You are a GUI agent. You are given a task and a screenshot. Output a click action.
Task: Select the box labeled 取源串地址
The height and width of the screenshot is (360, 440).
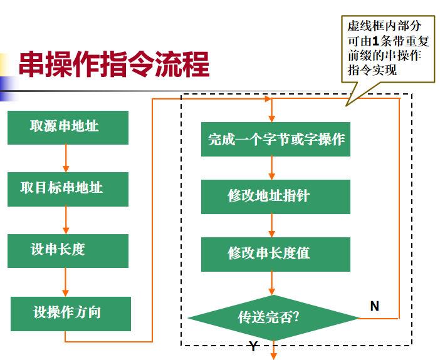[x=68, y=127]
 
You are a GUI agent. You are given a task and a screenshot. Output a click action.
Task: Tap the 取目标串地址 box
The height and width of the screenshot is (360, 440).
[x=68, y=188]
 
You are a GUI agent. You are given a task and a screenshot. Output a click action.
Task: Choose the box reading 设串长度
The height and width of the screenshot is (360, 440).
[x=68, y=250]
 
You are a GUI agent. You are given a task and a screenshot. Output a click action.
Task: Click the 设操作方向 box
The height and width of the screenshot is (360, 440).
[x=71, y=313]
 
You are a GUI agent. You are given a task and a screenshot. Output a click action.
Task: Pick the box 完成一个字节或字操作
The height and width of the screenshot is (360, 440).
[x=276, y=140]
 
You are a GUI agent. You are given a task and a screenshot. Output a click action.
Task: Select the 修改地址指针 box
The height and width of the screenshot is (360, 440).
[x=276, y=197]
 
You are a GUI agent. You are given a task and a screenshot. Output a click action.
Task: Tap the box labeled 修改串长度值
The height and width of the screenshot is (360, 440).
[x=276, y=254]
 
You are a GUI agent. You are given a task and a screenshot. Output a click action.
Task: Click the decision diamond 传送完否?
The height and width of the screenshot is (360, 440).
[x=273, y=317]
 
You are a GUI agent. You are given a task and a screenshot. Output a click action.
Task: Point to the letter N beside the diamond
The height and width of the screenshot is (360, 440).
[x=374, y=306]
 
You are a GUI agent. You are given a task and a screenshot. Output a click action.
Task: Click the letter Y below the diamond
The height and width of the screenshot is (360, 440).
[x=253, y=347]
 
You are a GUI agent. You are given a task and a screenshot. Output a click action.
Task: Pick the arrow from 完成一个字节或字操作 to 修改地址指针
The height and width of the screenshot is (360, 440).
[x=272, y=168]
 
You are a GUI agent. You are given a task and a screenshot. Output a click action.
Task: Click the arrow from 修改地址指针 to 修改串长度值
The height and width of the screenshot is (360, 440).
[x=272, y=225]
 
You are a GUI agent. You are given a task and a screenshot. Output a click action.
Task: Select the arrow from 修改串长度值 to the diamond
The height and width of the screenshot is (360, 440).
[x=272, y=283]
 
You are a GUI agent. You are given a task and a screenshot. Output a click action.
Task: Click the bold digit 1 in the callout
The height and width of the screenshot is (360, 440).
[x=375, y=41]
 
